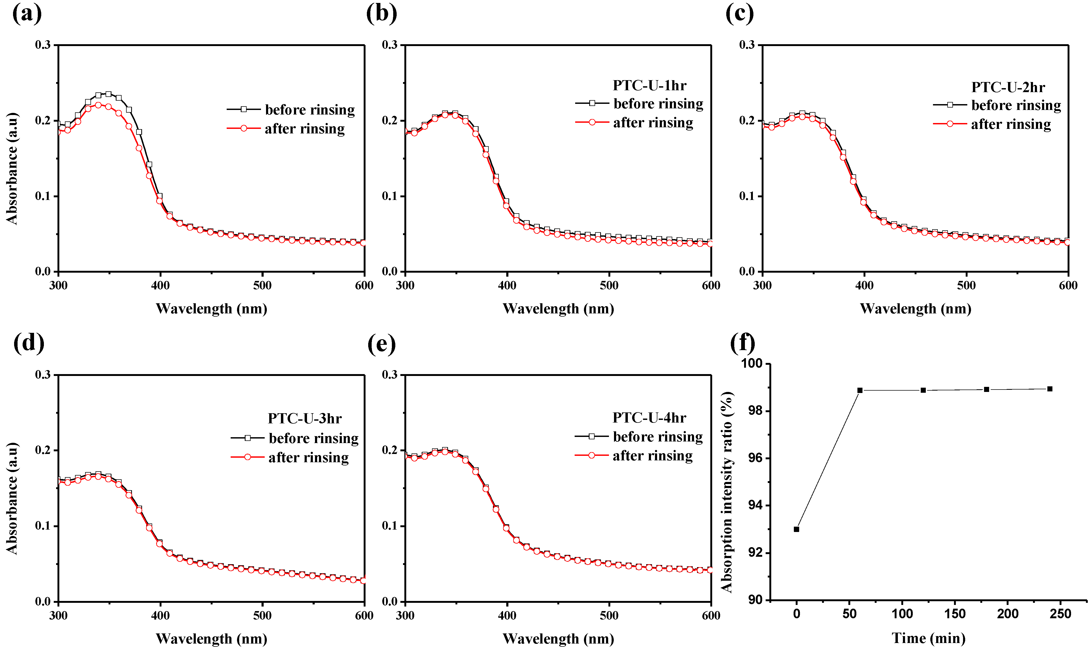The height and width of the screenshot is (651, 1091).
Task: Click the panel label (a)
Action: [x=27, y=14]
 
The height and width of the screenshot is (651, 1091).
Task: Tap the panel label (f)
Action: [x=742, y=343]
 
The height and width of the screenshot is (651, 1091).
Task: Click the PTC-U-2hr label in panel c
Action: [x=1008, y=87]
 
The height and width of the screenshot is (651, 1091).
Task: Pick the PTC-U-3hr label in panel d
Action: [x=305, y=419]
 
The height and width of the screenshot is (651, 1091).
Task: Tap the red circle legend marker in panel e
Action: [x=592, y=455]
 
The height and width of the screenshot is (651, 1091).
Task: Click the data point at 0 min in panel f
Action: [x=797, y=529]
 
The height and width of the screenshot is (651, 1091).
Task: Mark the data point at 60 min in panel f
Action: [x=860, y=390]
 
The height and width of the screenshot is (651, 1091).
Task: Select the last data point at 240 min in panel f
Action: [x=1050, y=389]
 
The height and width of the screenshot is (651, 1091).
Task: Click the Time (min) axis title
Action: [x=928, y=638]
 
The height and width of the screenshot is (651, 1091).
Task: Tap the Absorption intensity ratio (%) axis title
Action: [x=727, y=491]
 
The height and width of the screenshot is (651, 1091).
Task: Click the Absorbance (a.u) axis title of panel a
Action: [x=12, y=169]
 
